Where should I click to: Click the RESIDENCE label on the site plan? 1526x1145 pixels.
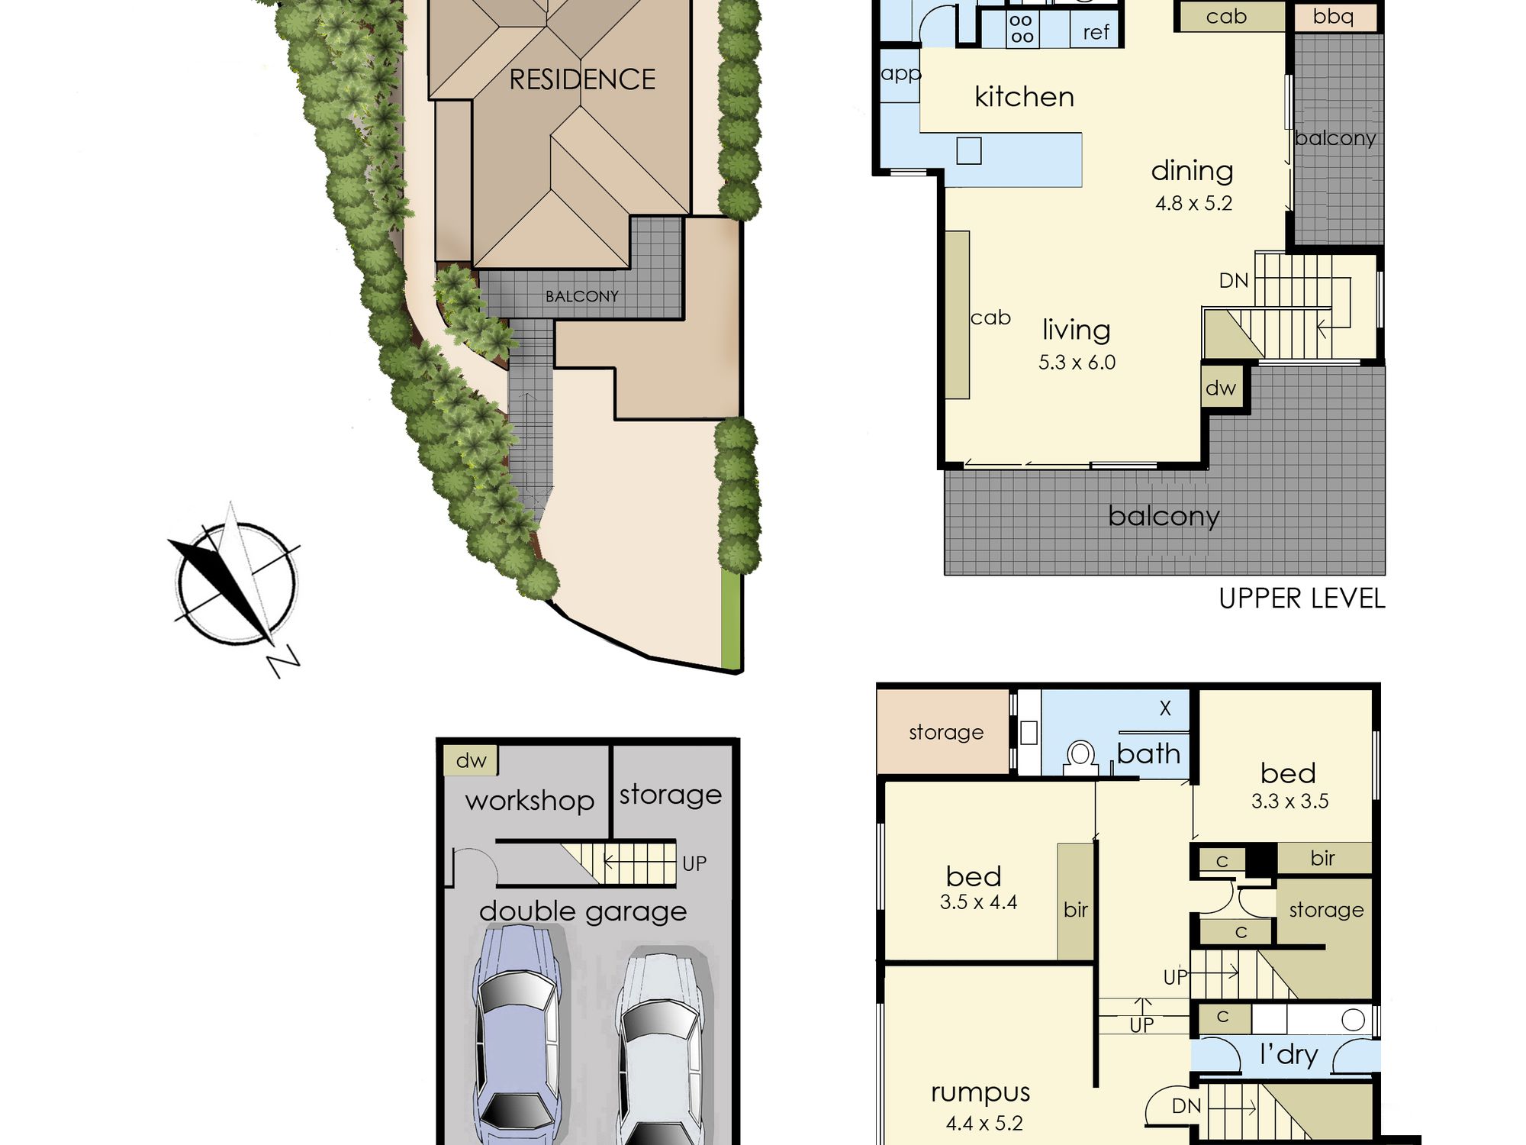[582, 79]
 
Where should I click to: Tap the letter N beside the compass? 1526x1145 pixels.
[283, 661]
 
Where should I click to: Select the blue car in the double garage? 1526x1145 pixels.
[517, 1034]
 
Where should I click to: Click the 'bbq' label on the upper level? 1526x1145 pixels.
[1333, 17]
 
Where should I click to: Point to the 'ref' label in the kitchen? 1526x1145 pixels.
[1096, 32]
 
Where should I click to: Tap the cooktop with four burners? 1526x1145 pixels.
[1022, 29]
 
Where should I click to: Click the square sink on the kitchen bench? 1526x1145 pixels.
[969, 150]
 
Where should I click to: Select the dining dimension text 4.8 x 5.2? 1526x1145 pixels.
[1193, 203]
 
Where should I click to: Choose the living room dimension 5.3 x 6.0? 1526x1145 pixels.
[1077, 362]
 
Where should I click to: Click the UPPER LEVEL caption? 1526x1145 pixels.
[1302, 598]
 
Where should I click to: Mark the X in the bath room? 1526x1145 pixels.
[1165, 708]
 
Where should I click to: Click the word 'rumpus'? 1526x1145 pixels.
[980, 1093]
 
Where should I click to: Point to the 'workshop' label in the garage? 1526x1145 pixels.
[530, 801]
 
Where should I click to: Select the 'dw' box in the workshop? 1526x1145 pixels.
[471, 760]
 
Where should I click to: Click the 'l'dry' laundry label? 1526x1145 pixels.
[1289, 1054]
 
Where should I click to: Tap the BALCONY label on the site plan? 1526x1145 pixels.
[581, 296]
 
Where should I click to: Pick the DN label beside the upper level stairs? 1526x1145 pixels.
[1234, 281]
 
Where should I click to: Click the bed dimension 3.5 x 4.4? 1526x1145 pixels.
[978, 902]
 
